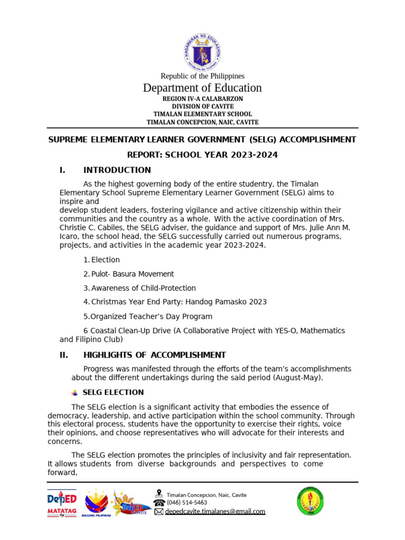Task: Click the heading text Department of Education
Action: (x=202, y=88)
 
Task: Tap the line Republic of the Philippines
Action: (x=202, y=76)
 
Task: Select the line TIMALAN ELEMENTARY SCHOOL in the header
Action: (x=202, y=114)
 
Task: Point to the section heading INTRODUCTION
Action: (x=117, y=170)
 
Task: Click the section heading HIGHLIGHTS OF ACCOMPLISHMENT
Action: (x=155, y=355)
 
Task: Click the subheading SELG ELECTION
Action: (x=113, y=392)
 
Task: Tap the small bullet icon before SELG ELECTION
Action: (x=74, y=392)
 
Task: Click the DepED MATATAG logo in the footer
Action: (x=62, y=503)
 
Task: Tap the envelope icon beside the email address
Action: (x=159, y=512)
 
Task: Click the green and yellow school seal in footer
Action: (x=310, y=501)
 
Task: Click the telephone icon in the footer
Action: (x=159, y=503)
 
